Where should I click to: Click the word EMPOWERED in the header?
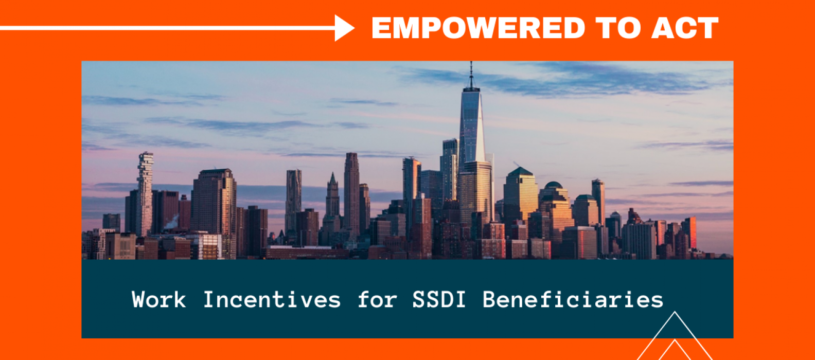478,28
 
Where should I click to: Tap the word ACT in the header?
685,28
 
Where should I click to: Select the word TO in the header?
618,28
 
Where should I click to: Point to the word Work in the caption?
158,300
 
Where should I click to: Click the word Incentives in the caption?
272,300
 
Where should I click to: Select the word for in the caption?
377,300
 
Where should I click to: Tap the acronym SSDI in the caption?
439,300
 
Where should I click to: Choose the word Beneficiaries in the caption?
573,300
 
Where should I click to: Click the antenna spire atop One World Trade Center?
471,75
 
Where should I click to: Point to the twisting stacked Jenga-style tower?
145,193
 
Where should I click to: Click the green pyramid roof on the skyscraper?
520,172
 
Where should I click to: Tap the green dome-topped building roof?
554,185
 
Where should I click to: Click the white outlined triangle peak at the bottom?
675,335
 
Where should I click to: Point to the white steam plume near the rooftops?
172,222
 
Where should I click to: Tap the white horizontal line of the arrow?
167,28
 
